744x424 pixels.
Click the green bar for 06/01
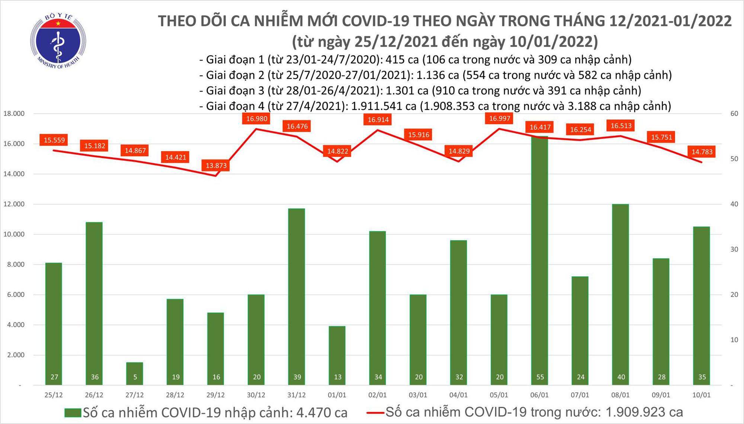point(540,260)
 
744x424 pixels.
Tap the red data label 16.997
point(500,118)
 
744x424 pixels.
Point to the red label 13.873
point(216,166)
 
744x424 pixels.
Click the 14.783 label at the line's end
point(702,152)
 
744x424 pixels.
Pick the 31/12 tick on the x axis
point(296,395)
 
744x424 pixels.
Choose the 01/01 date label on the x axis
point(337,395)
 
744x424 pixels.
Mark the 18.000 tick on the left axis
point(14,113)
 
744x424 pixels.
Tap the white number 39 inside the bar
point(297,377)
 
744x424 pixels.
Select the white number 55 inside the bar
point(540,377)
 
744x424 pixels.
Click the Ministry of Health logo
point(58,41)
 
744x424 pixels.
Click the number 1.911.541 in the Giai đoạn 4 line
point(384,106)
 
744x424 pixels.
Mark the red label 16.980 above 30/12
point(257,119)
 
